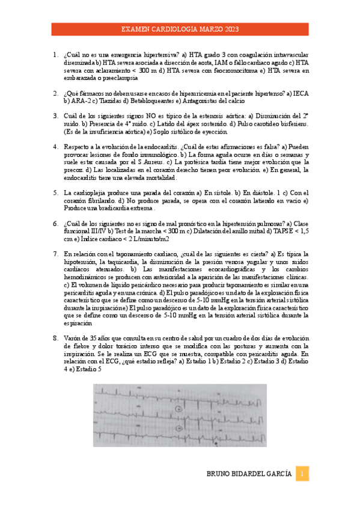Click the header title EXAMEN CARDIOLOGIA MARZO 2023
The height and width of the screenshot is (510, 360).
180,28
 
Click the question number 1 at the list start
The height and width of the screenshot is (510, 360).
55,54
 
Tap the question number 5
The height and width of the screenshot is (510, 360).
55,192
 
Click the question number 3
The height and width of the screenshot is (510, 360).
55,115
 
